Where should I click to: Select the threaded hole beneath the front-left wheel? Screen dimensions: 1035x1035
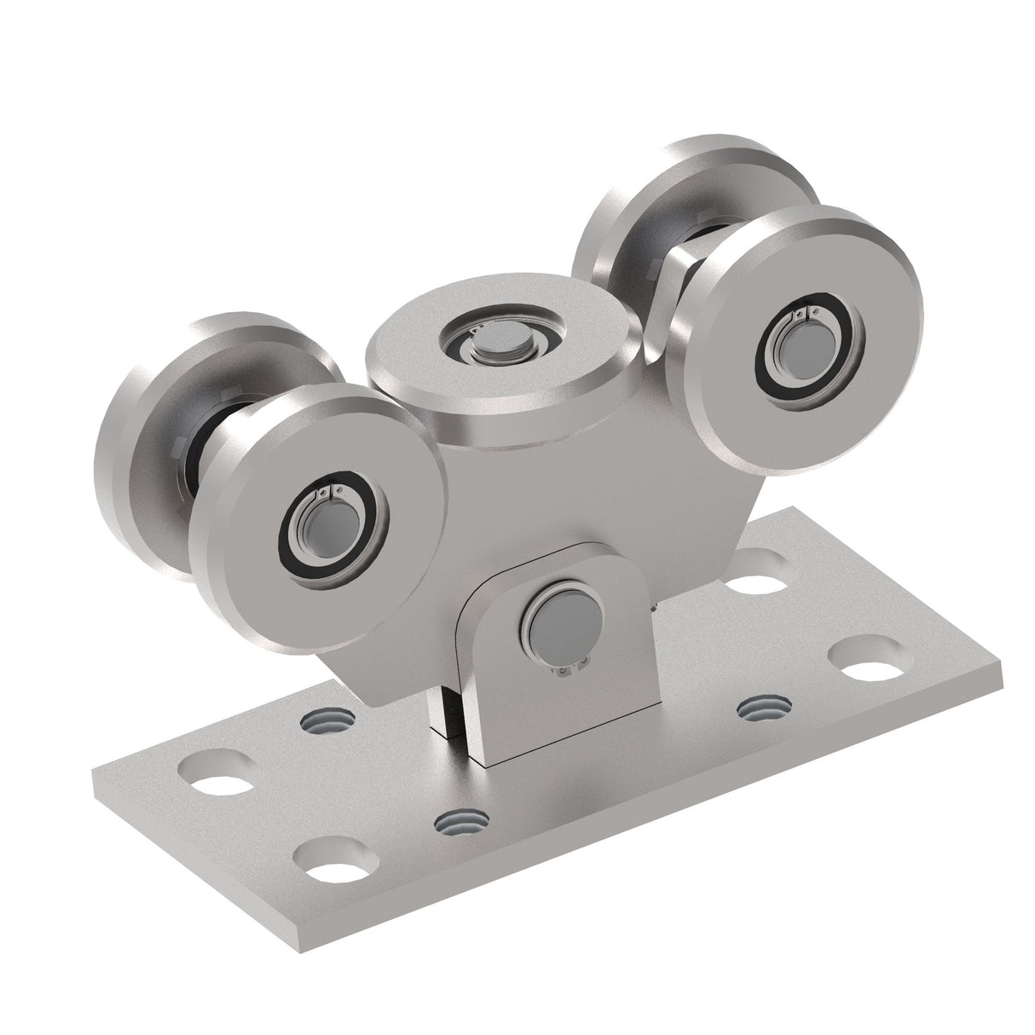point(327,721)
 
